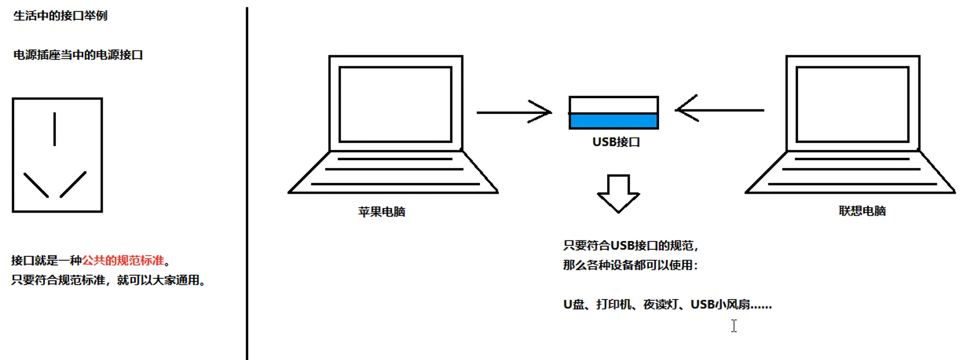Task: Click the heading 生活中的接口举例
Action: (x=60, y=16)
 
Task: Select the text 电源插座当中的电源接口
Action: (x=78, y=55)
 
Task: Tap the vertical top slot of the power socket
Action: (x=55, y=129)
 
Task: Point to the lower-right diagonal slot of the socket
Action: (x=73, y=184)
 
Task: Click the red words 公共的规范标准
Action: (x=123, y=261)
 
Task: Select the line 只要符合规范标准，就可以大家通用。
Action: (x=108, y=280)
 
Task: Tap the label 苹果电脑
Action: (x=382, y=212)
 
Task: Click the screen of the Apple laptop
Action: (x=395, y=104)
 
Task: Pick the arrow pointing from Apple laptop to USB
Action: (x=513, y=112)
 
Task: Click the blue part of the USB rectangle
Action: (x=613, y=121)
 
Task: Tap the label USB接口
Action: (x=616, y=142)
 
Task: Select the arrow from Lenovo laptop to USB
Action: (x=719, y=111)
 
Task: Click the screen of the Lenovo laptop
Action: (x=852, y=104)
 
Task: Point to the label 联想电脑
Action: (x=862, y=211)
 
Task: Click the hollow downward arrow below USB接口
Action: (x=618, y=193)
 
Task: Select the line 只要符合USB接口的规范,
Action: (x=631, y=246)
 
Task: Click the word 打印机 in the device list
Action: (x=614, y=305)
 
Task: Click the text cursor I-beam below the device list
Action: (x=734, y=326)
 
